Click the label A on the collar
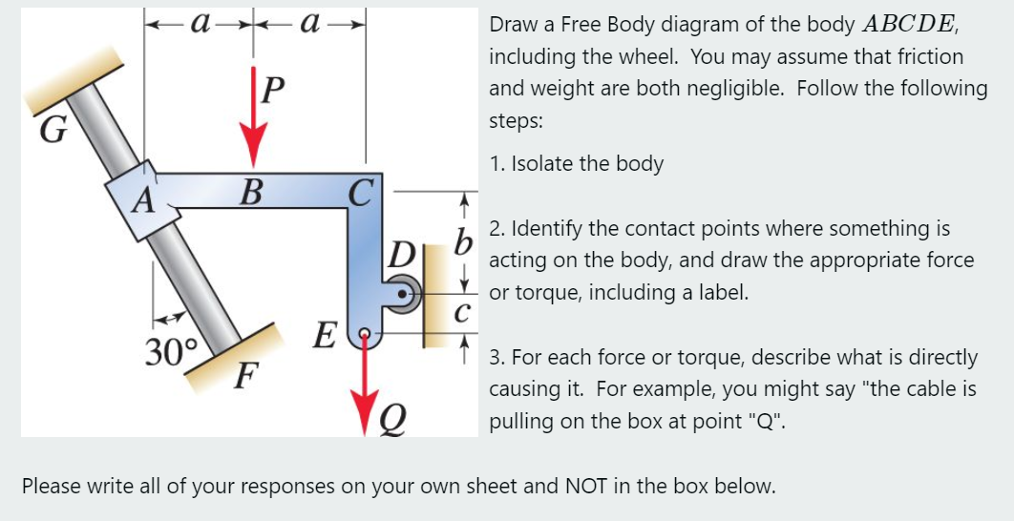click(142, 201)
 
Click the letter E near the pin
click(325, 337)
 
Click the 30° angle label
click(171, 353)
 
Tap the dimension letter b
click(465, 241)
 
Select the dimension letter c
click(462, 313)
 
